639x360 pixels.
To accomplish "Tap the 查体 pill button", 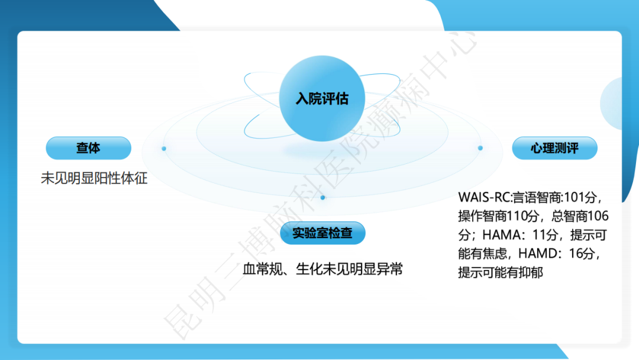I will [x=88, y=148].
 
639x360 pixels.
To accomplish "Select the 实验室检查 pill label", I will [x=322, y=233].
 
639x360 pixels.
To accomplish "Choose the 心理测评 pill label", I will [x=554, y=148].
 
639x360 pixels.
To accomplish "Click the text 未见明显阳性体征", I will [x=94, y=178].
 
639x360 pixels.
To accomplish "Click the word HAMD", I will [x=538, y=254].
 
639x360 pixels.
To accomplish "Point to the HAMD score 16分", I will [x=583, y=254].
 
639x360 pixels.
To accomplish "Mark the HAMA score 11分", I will [x=543, y=235].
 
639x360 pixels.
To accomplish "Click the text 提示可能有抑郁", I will [x=501, y=273].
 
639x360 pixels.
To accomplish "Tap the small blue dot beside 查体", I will [x=164, y=148].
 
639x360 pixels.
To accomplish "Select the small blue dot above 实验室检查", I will [x=322, y=197].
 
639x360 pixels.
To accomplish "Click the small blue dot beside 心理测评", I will [x=480, y=148].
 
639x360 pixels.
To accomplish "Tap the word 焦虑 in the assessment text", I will [x=496, y=254].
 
